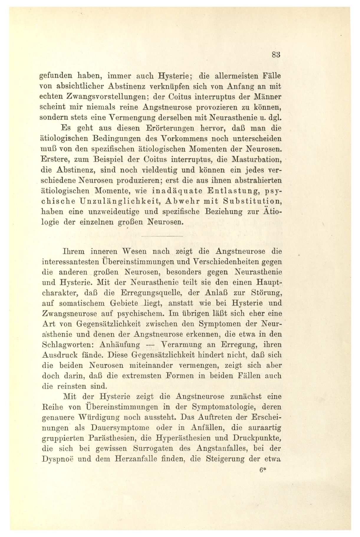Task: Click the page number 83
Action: pyautogui.click(x=276, y=55)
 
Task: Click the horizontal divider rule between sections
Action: pyautogui.click(x=162, y=236)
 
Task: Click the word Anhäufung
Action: pyautogui.click(x=120, y=345)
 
